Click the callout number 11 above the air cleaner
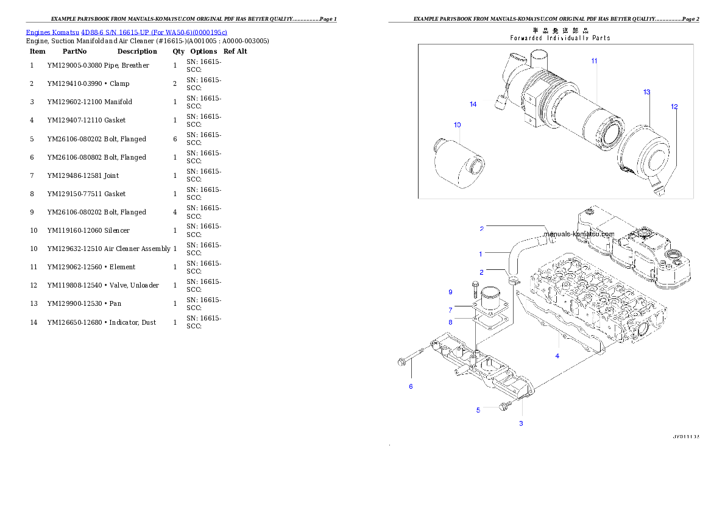point(593,61)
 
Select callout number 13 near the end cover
point(646,93)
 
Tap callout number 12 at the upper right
point(674,107)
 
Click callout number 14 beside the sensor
point(473,104)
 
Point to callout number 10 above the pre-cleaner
point(457,125)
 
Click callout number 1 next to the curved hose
point(480,254)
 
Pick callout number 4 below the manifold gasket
point(557,356)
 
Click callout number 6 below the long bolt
point(411,387)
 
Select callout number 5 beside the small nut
point(478,411)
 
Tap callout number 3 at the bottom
point(521,423)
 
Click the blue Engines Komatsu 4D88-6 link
point(126,32)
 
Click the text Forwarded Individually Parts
point(560,38)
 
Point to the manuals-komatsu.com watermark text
point(579,234)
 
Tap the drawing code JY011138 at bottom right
point(685,437)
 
